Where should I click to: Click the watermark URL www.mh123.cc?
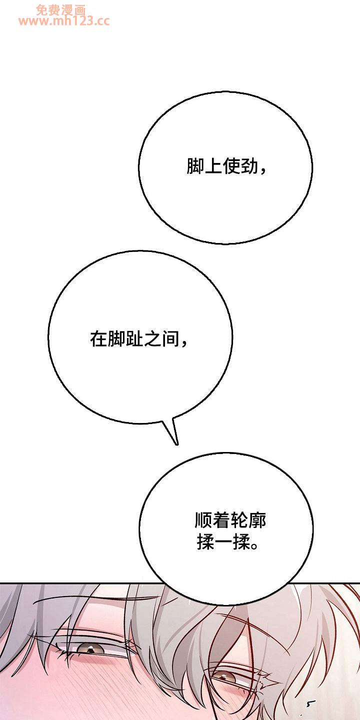64,21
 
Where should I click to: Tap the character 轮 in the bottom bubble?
239,520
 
